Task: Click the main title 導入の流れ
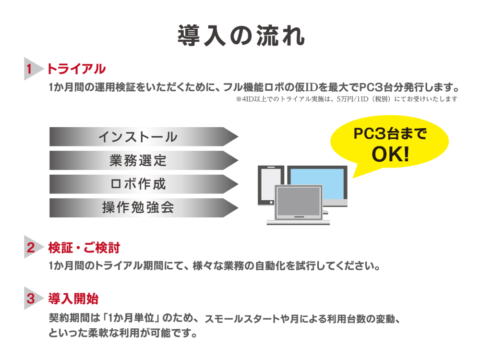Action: click(x=240, y=35)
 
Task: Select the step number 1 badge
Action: click(x=30, y=69)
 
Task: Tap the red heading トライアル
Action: click(x=76, y=69)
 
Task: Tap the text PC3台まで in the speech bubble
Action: click(x=390, y=134)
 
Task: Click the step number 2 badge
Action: click(x=30, y=248)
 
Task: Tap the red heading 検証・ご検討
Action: click(x=84, y=248)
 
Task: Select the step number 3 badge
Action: click(x=30, y=299)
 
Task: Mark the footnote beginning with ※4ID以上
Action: click(x=346, y=99)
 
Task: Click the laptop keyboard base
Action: click(x=298, y=220)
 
